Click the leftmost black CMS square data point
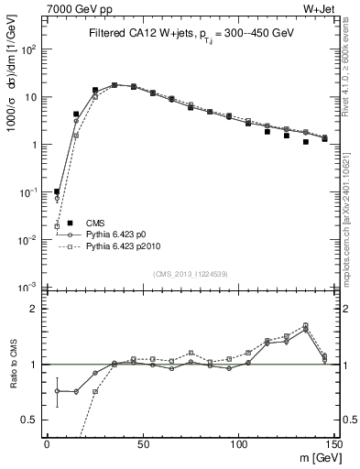click(57, 191)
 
